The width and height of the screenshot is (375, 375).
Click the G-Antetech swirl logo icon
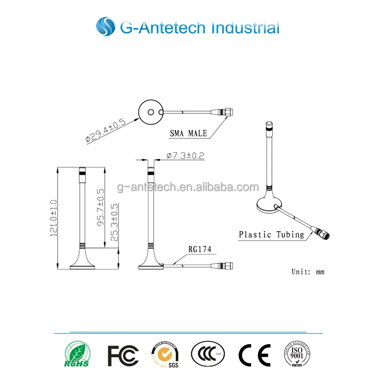coord(105,26)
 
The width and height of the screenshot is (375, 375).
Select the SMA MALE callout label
coord(188,133)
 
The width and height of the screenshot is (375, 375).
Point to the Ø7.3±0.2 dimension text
coord(186,156)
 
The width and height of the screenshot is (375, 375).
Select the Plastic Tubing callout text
coord(271,234)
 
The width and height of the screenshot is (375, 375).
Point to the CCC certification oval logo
coord(208,354)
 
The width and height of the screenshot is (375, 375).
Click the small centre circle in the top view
coord(150,112)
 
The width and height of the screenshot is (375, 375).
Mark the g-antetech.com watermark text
coord(187,187)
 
